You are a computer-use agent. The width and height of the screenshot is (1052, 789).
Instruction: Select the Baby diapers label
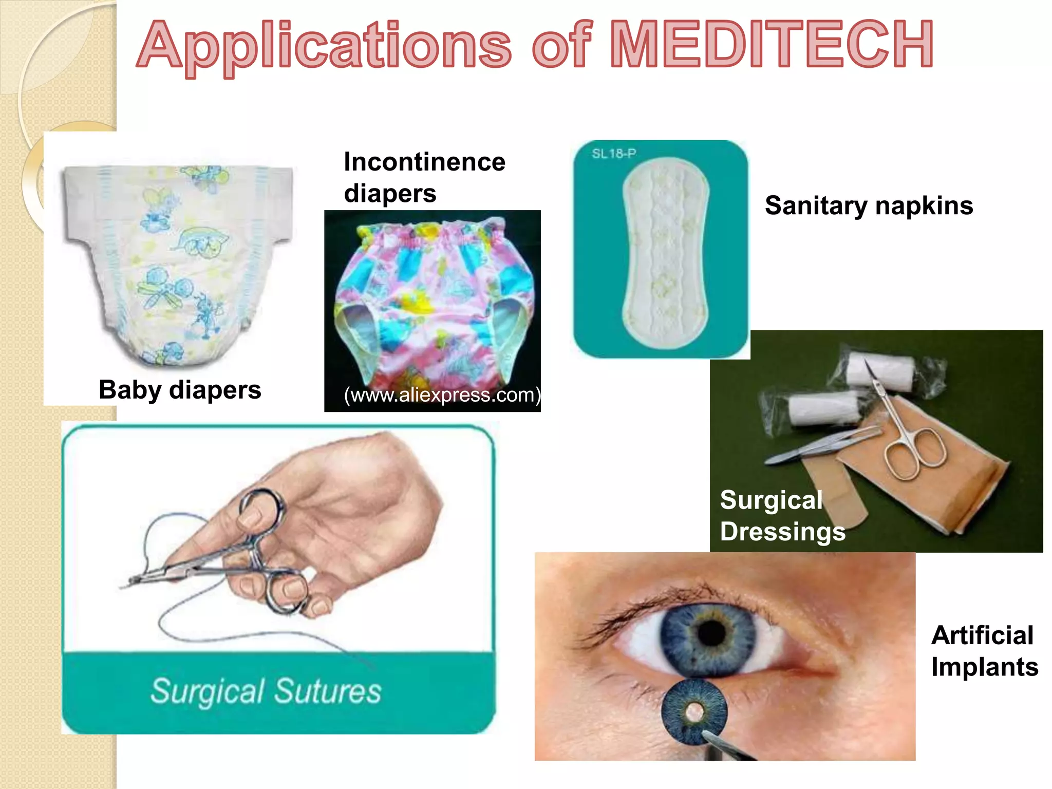pyautogui.click(x=180, y=390)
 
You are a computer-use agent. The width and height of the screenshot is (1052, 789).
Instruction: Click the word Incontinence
pyautogui.click(x=424, y=162)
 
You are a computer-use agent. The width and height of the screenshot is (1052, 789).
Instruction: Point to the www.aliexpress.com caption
pyautogui.click(x=442, y=395)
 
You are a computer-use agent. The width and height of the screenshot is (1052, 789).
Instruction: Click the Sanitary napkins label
pyautogui.click(x=869, y=206)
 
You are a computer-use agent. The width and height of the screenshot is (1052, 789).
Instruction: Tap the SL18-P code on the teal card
pyautogui.click(x=614, y=153)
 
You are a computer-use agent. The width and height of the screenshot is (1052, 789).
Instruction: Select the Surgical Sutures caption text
pyautogui.click(x=266, y=691)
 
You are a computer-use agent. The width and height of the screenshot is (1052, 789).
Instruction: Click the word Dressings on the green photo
pyautogui.click(x=782, y=532)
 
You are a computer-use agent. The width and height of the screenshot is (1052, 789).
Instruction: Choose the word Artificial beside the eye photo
pyautogui.click(x=982, y=635)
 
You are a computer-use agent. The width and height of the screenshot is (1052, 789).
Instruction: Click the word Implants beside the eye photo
pyautogui.click(x=985, y=667)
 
